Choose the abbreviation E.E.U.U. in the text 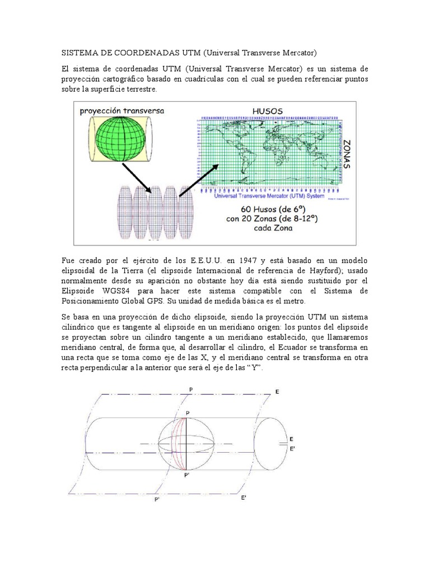point(207,261)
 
